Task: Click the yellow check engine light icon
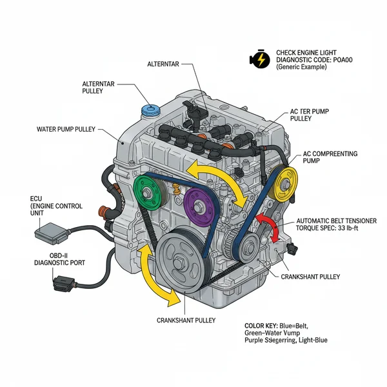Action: [257, 60]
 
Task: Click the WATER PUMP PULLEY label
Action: [66, 129]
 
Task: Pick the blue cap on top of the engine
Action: [150, 110]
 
